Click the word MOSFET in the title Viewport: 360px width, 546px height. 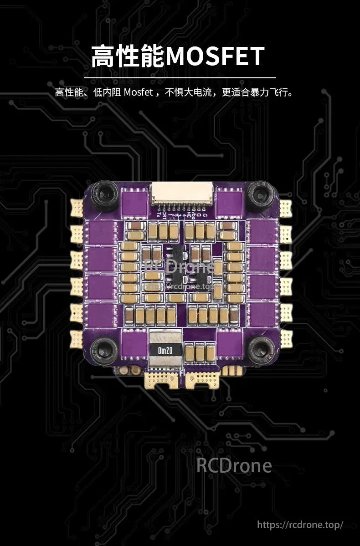[215, 56]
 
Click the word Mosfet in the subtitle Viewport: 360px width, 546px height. [139, 92]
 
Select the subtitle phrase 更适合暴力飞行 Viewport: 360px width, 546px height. [257, 92]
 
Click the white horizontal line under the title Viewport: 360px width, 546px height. [180, 78]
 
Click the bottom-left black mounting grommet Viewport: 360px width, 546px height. [104, 349]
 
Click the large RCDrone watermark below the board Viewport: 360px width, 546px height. [234, 465]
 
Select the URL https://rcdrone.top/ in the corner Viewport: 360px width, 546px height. [300, 525]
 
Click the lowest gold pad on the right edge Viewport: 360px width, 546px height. [285, 337]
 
